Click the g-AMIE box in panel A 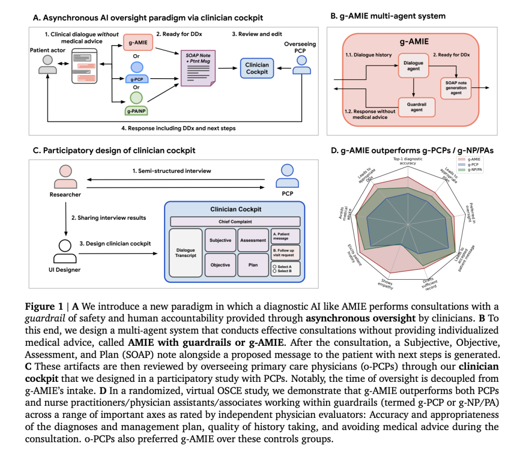point(138,44)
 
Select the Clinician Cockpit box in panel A point(257,69)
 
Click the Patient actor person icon point(48,64)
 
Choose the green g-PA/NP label point(138,109)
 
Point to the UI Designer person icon point(64,247)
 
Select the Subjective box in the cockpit point(220,240)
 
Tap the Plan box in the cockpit point(252,265)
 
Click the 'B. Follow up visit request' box point(285,251)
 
